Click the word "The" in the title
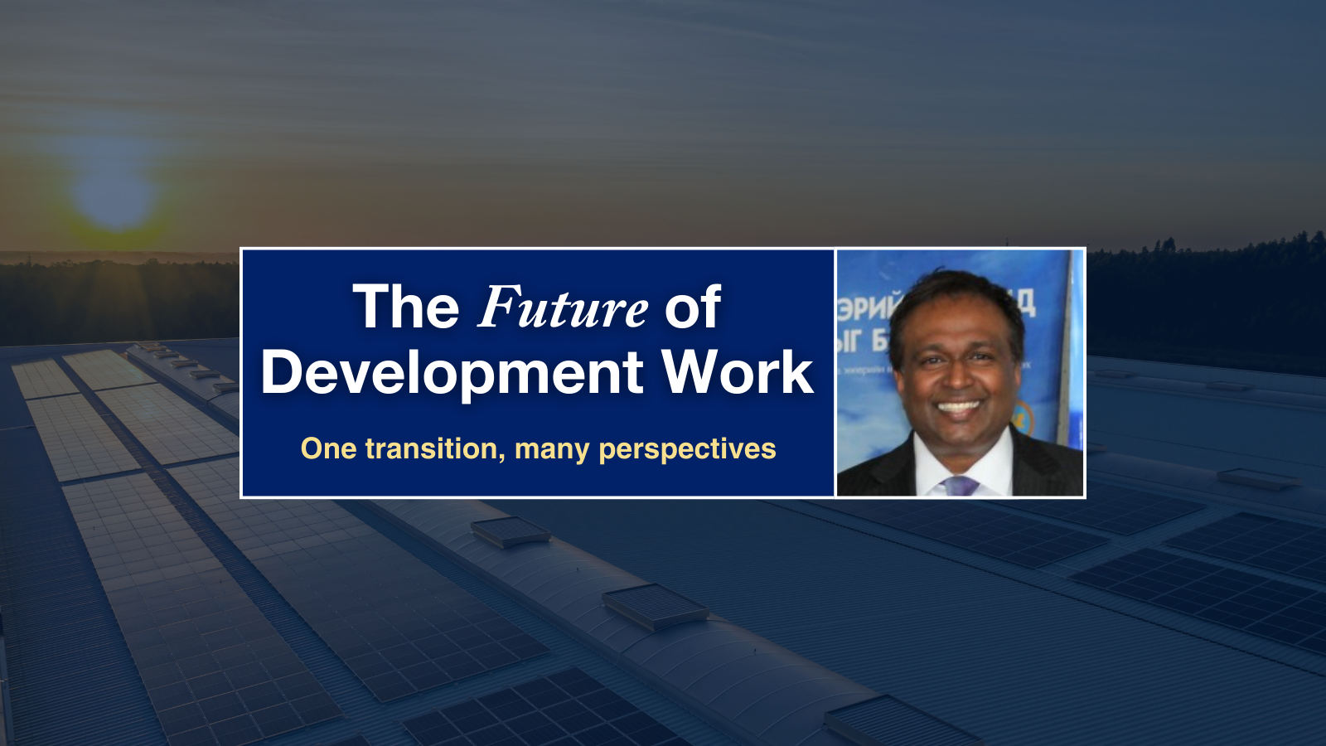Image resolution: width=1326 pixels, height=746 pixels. point(406,308)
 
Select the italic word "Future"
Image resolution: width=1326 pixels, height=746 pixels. point(563,308)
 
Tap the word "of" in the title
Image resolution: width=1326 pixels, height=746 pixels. point(692,308)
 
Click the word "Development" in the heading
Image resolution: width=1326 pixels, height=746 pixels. point(452,372)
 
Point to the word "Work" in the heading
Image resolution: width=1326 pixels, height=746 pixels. point(738,372)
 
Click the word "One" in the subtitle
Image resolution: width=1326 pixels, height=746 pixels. point(328,448)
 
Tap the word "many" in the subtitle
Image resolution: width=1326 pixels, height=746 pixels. point(551,449)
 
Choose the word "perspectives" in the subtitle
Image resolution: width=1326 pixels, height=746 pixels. point(687,449)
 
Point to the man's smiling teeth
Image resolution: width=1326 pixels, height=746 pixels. point(959,407)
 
